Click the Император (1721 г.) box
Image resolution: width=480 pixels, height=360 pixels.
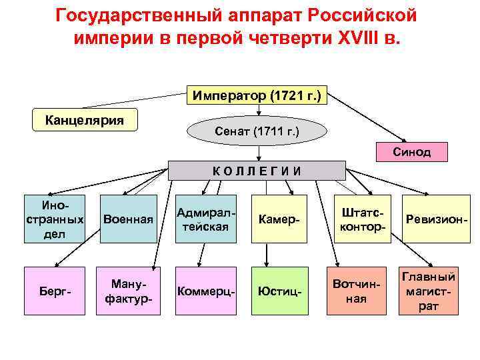[x=257, y=96]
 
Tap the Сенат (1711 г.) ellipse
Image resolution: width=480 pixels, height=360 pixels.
[x=257, y=131]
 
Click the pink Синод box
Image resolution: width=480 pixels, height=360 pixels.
[x=412, y=151]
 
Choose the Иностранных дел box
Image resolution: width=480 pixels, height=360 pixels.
[x=55, y=218]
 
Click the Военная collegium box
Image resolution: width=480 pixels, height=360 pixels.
[x=129, y=219]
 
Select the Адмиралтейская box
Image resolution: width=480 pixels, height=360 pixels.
[x=205, y=219]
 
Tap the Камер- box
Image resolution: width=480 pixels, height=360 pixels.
[x=279, y=219]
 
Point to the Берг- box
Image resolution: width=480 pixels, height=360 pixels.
[x=55, y=291]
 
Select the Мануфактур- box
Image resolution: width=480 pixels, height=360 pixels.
[x=129, y=291]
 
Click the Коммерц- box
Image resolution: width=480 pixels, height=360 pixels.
[x=205, y=291]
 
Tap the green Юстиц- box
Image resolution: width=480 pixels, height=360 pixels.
[x=279, y=291]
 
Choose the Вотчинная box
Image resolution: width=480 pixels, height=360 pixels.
[x=359, y=291]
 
